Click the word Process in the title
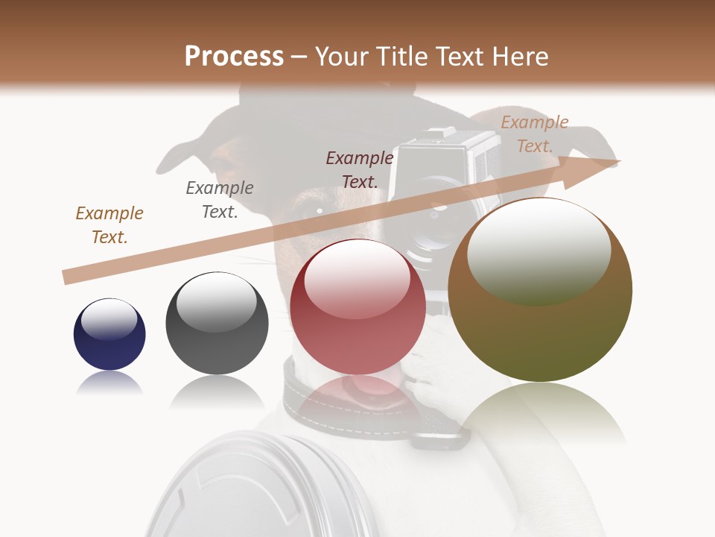coord(234,57)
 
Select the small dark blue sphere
coord(109,334)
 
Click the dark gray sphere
coord(217,323)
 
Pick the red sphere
coord(357,307)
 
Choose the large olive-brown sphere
coord(540,290)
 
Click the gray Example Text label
coord(220,200)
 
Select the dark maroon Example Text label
coord(360,170)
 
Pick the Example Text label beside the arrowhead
coord(534,134)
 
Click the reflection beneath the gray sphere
coord(217,392)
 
